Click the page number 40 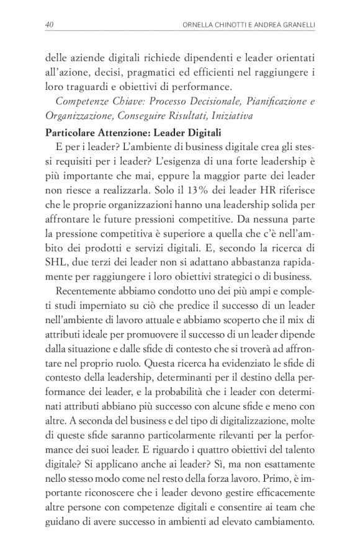[50, 24]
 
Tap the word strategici [222, 260]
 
